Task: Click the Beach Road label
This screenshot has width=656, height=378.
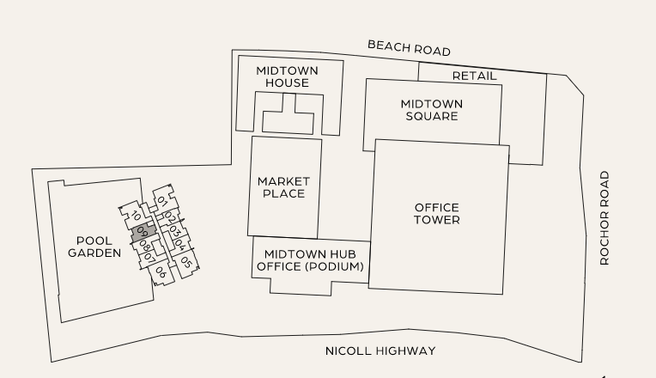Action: (x=409, y=47)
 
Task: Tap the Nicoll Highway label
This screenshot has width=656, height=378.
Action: (x=380, y=351)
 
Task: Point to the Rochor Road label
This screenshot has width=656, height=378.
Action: (x=604, y=218)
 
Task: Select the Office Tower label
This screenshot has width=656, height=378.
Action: (x=436, y=214)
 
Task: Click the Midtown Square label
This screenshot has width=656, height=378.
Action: (x=431, y=110)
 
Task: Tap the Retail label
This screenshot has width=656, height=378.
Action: (x=474, y=76)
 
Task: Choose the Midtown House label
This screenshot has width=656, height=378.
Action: (x=287, y=76)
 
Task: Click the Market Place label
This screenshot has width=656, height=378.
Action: (x=283, y=187)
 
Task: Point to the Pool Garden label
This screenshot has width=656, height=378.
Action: (x=94, y=247)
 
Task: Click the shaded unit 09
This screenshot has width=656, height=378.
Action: (x=143, y=232)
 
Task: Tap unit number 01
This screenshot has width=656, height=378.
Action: (x=162, y=202)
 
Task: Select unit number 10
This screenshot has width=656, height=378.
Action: (x=136, y=216)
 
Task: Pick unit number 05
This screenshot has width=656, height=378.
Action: (x=185, y=263)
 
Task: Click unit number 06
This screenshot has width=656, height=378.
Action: (x=161, y=272)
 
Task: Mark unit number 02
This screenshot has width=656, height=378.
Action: (x=170, y=216)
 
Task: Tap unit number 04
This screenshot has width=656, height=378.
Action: (x=181, y=247)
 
